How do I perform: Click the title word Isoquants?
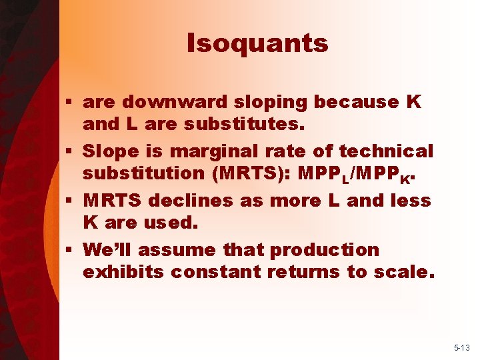pyautogui.click(x=257, y=43)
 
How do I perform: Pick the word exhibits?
pyautogui.click(x=124, y=271)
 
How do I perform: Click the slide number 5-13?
pyautogui.click(x=462, y=348)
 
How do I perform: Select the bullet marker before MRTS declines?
pyautogui.click(x=71, y=201)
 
